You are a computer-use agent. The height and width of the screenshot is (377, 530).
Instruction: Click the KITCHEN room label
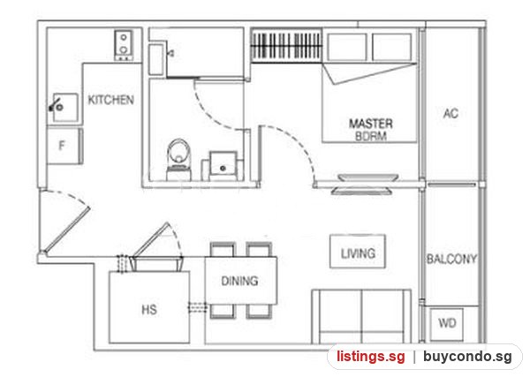point(111,100)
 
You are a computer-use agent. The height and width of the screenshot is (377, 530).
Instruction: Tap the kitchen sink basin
point(64,108)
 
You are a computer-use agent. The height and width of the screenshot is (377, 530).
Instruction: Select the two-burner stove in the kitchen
point(124,45)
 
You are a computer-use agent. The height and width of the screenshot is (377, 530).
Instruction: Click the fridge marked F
point(64,146)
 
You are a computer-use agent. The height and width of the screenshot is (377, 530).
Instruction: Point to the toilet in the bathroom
point(179,159)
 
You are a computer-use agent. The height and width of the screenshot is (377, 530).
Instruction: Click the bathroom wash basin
point(223,166)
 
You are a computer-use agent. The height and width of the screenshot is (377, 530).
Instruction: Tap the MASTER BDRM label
point(371,130)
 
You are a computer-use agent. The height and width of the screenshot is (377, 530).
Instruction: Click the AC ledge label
point(450,114)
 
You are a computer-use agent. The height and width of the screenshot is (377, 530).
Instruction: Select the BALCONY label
point(451,259)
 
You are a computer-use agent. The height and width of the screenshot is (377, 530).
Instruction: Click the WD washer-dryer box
point(446,324)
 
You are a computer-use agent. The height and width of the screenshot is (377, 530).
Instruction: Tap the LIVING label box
point(358,252)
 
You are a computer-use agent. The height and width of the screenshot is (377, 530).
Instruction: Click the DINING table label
point(239,281)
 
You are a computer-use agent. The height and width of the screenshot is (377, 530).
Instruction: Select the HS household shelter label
point(149,309)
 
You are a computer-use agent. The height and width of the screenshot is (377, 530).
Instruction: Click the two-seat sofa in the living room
point(361,317)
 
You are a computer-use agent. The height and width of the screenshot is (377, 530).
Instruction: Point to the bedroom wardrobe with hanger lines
point(286,46)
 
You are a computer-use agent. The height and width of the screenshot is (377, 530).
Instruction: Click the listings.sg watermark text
point(370,357)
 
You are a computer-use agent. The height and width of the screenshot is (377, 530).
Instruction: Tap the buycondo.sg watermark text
point(467,357)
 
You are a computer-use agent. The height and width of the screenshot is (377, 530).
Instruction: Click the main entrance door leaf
point(66,230)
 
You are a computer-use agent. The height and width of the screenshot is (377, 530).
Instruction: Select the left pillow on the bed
point(347,47)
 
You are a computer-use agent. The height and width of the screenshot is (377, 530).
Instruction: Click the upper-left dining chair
point(223,249)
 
